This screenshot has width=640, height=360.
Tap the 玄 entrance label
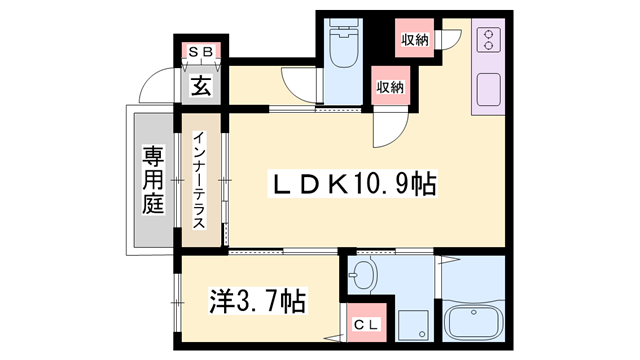pos(200,86)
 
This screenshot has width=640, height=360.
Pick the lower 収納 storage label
pos(390,86)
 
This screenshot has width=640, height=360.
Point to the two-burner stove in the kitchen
pos(490,40)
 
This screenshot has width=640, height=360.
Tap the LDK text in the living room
pos(311,185)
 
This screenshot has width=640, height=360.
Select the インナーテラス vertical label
pos(199,180)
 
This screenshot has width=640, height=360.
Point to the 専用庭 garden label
pos(151,180)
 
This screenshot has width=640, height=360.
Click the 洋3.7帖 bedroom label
pos(257,298)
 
